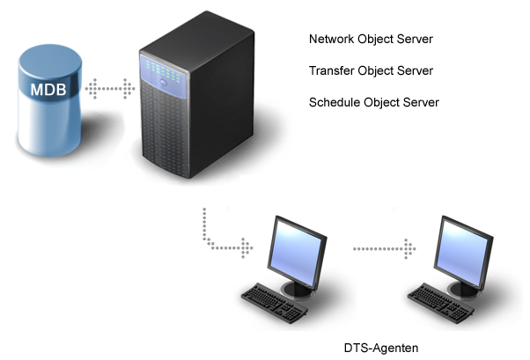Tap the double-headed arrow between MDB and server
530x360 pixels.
click(111, 88)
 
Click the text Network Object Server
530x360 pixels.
click(371, 40)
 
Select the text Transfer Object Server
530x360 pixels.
click(371, 70)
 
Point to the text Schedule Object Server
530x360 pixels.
click(374, 102)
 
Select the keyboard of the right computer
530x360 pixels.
click(438, 300)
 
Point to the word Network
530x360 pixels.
click(331, 40)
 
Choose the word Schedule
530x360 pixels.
click(334, 102)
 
